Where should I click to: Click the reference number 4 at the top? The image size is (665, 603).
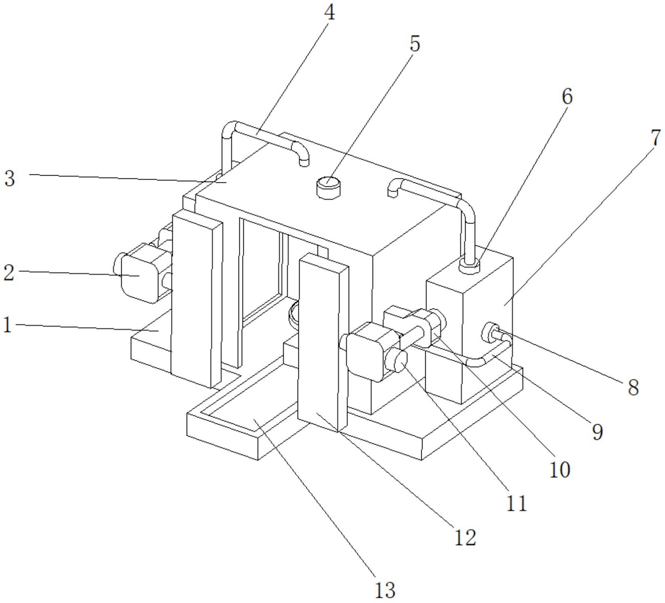pos(329,13)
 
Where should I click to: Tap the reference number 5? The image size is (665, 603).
pos(414,44)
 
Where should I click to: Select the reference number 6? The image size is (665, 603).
pos(567,96)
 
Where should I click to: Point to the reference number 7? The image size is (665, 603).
pos(656,138)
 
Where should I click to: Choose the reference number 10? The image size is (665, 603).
pos(560,469)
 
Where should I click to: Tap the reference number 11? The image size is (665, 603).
pos(517,503)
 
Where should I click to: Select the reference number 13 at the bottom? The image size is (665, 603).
pos(385,590)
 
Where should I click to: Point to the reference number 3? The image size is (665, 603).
pos(10,178)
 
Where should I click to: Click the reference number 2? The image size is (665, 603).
pos(9,273)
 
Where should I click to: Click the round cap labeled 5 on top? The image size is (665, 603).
pos(329,187)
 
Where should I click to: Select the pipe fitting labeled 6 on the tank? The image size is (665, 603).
pos(469,266)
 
